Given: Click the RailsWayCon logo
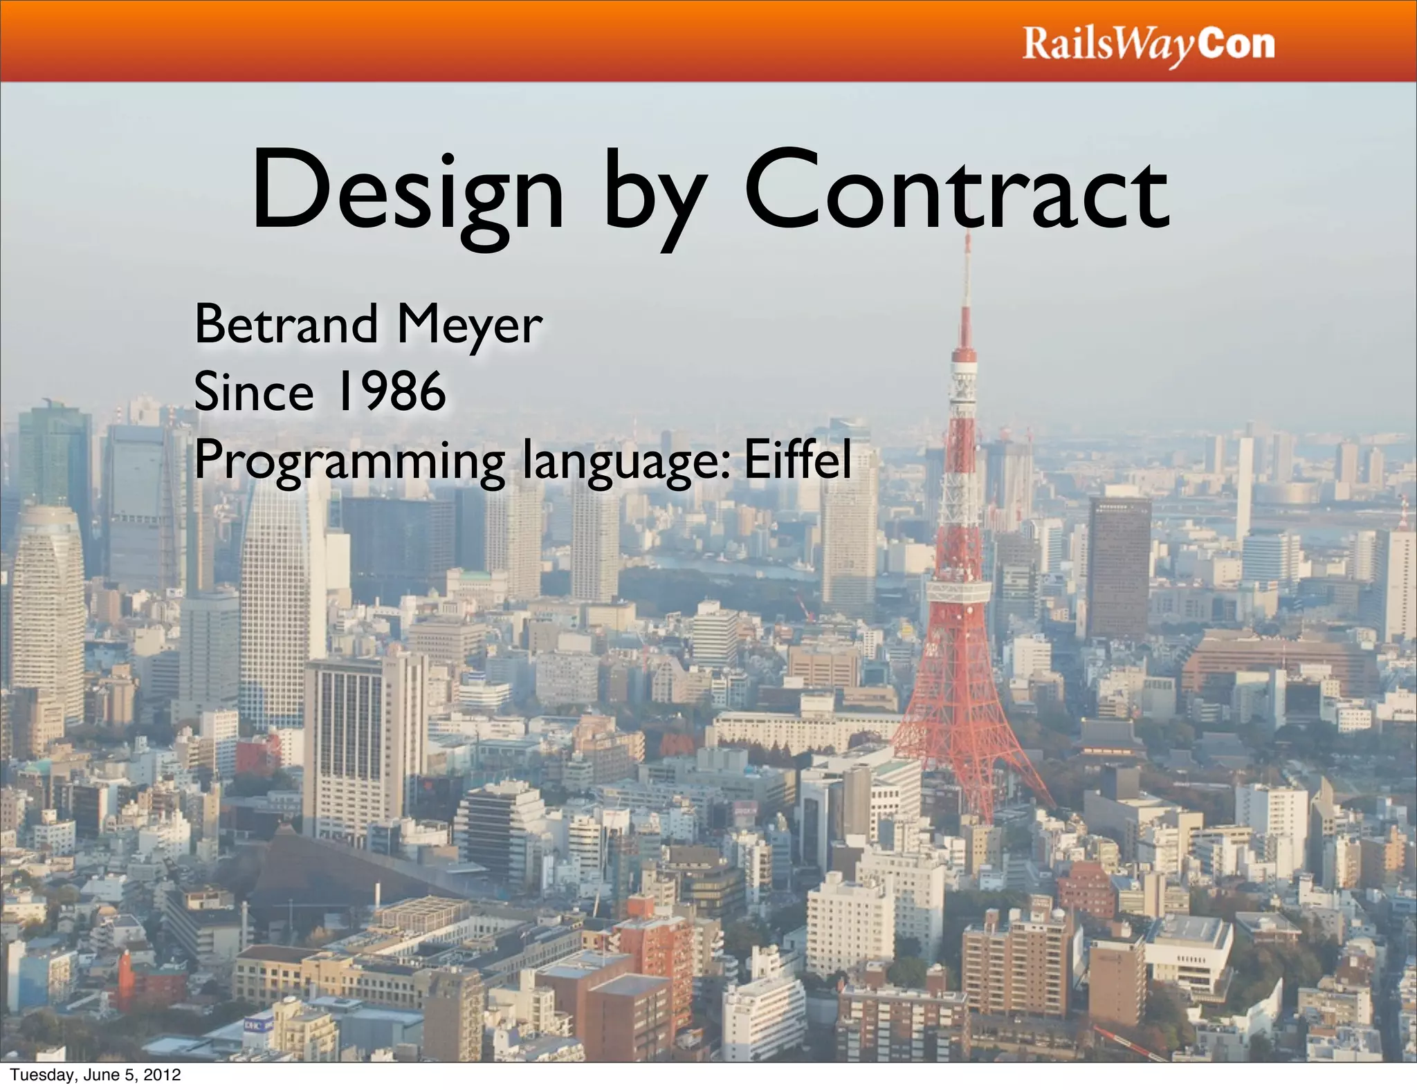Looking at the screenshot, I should pyautogui.click(x=1148, y=44).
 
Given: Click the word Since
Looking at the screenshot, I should pyautogui.click(x=253, y=391).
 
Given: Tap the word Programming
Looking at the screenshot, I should pyautogui.click(x=349, y=462).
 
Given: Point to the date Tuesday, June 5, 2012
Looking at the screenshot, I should pyautogui.click(x=95, y=1075).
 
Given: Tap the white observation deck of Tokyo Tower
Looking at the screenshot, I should pyautogui.click(x=958, y=592).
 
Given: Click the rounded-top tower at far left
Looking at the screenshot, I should pyautogui.click(x=47, y=609).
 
